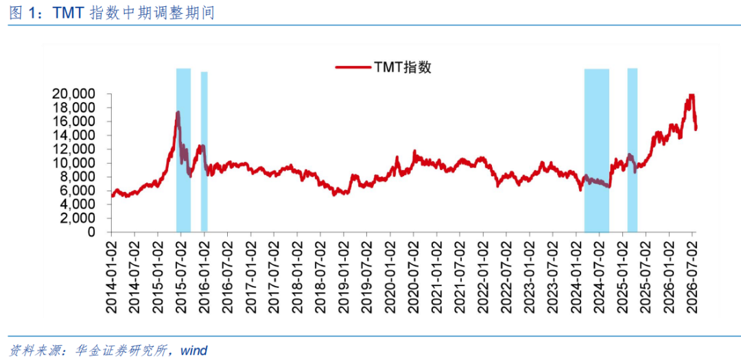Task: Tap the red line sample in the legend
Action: (x=353, y=68)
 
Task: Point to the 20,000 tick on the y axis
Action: (x=79, y=94)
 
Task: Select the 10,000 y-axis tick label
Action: (x=79, y=163)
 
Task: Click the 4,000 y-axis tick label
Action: (x=82, y=204)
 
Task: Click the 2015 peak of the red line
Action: (x=178, y=112)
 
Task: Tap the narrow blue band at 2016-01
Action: (x=204, y=152)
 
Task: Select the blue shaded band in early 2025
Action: (x=633, y=150)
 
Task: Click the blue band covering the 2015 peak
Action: (x=183, y=150)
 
